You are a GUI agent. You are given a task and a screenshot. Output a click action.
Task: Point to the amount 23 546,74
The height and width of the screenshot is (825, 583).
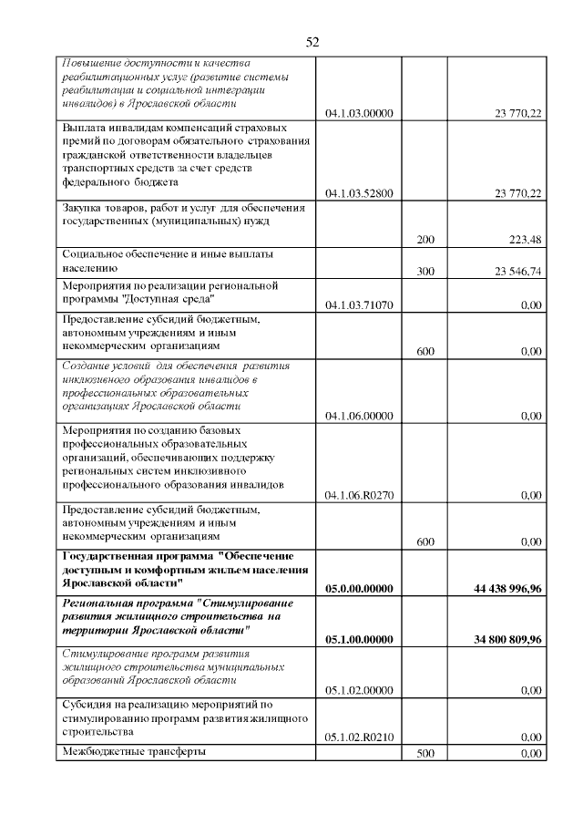click(x=517, y=272)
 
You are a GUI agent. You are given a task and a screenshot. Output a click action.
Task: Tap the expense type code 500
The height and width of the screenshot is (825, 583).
click(x=424, y=754)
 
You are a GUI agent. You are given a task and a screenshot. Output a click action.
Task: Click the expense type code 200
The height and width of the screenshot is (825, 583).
click(x=424, y=240)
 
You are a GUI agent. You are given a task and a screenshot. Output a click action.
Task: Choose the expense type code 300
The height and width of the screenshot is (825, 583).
click(x=424, y=272)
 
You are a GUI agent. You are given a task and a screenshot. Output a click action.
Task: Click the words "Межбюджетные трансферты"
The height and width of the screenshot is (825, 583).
click(x=133, y=752)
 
